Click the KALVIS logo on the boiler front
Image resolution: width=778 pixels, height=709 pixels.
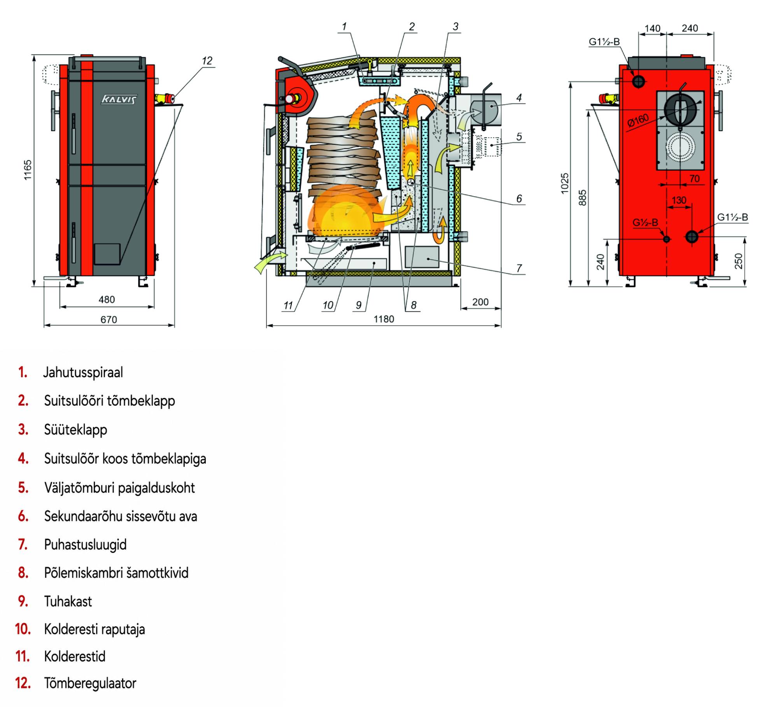point(119,99)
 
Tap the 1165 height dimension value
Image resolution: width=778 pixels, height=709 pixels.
point(28,170)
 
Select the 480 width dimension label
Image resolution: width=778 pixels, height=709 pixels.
point(107,299)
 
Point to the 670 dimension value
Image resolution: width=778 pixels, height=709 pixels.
point(109,320)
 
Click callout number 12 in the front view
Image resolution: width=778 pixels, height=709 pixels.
point(207,61)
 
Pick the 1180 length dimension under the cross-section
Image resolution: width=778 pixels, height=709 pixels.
point(384,319)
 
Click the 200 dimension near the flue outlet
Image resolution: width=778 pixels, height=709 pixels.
point(480,302)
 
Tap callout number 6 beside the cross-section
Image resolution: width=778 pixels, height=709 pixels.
point(519,199)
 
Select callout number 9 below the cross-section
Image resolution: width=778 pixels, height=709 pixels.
point(359,305)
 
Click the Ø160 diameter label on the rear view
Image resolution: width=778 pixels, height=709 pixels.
point(638,120)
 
